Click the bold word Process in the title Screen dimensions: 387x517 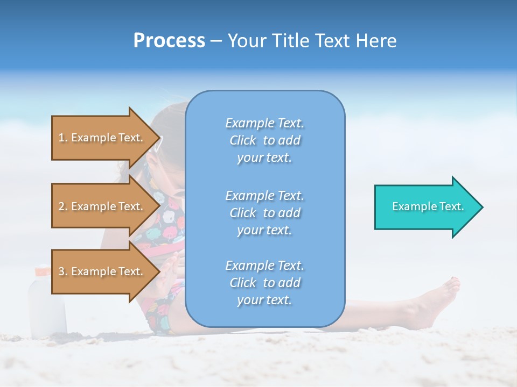point(169,41)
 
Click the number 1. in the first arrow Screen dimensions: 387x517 point(63,138)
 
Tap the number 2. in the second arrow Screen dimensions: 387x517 point(63,206)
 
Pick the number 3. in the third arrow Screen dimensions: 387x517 point(63,271)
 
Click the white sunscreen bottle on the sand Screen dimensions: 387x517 point(47,306)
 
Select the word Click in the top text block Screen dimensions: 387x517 point(243,140)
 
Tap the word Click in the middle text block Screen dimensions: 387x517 point(243,213)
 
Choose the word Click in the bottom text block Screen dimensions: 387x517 point(243,283)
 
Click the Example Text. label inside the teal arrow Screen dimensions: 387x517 point(428,206)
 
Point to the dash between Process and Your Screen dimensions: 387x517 point(216,41)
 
